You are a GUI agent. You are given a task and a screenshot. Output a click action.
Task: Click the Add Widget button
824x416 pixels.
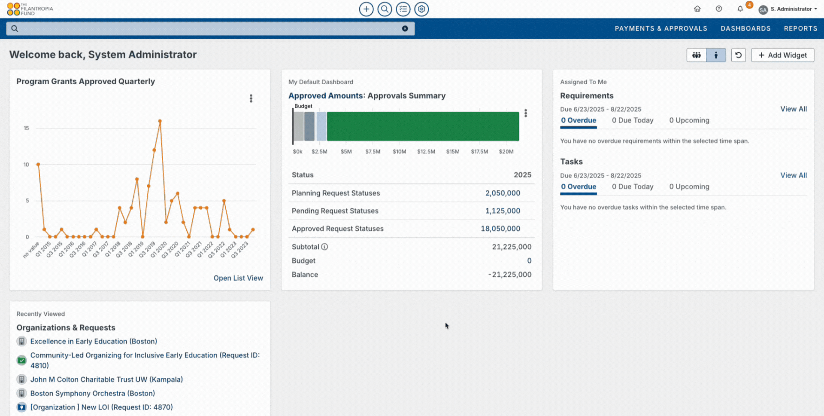[782, 55]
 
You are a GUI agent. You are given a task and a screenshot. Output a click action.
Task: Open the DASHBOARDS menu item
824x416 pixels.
[745, 28]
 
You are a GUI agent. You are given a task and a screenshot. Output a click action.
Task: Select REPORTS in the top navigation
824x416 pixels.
[800, 28]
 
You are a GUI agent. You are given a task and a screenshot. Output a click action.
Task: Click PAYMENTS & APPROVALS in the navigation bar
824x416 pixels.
[661, 28]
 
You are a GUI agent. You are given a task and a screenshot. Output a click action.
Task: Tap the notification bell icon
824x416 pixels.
[740, 9]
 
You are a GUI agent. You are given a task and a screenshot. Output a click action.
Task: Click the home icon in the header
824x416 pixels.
[697, 9]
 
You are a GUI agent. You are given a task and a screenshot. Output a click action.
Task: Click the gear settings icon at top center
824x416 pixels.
[421, 9]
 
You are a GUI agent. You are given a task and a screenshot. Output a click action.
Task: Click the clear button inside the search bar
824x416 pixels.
[405, 28]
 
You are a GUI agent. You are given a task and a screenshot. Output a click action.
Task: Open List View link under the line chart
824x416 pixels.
[238, 278]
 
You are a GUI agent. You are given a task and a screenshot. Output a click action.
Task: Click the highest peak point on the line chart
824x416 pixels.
[160, 121]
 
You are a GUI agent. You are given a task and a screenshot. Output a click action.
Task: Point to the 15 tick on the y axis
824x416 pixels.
[26, 128]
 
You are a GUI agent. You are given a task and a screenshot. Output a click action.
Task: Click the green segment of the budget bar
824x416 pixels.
[423, 126]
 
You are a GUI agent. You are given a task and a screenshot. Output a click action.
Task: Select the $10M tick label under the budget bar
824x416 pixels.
[399, 152]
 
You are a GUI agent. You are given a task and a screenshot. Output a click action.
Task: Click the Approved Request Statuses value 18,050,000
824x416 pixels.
[500, 229]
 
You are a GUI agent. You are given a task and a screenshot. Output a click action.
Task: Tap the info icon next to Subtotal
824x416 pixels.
[324, 247]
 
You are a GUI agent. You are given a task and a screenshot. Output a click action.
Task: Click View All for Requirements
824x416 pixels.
[793, 109]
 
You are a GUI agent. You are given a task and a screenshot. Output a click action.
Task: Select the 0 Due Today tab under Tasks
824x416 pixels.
[633, 187]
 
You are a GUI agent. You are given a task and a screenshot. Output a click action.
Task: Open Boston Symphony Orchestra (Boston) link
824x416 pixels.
[93, 393]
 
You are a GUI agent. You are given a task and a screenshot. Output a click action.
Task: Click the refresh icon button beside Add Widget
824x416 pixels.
[738, 55]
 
